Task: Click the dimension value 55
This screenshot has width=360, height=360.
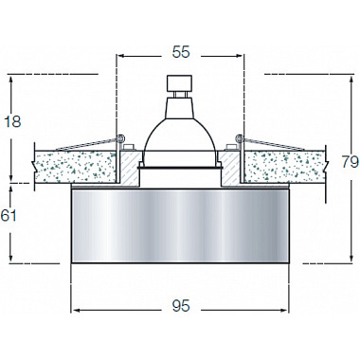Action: coord(181,52)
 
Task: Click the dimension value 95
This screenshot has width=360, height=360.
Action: coord(181,306)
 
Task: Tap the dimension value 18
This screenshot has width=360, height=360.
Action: coord(12,121)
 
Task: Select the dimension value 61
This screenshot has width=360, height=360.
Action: coord(9,216)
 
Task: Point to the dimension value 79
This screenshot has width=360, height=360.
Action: coord(351,162)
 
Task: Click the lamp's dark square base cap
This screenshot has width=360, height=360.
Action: coord(179,82)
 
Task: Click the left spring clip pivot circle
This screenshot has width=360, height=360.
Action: coord(120,138)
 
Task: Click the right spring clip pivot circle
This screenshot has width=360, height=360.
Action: coord(240,138)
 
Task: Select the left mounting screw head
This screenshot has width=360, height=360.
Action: coord(129,147)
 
